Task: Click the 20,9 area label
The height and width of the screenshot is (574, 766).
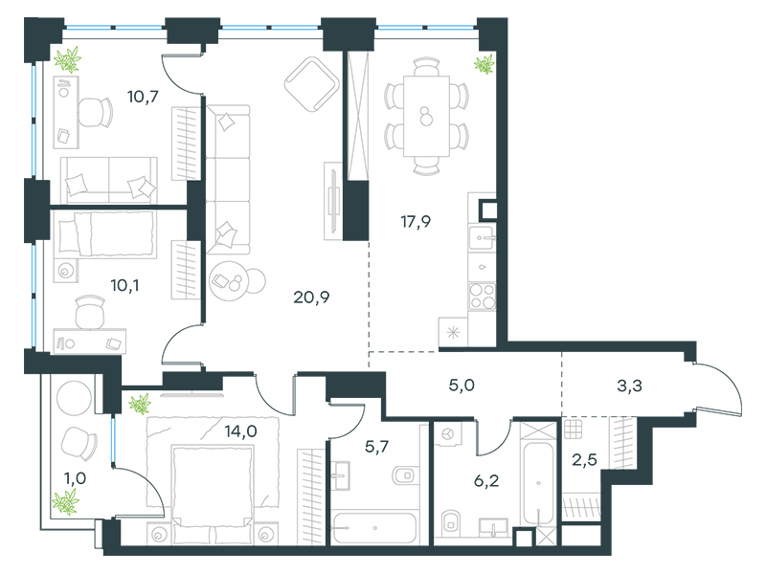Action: click(311, 297)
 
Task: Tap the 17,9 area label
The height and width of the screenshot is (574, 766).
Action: click(416, 222)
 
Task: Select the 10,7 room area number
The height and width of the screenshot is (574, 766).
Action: click(143, 97)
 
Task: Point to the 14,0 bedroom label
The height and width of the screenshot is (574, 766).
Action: click(241, 431)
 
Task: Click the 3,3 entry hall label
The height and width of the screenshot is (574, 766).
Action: click(629, 386)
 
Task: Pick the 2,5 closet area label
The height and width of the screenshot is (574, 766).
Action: click(584, 459)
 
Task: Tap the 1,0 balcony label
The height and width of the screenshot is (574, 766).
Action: click(76, 478)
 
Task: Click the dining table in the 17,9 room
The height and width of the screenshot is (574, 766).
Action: click(426, 116)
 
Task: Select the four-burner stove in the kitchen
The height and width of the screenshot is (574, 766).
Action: click(483, 297)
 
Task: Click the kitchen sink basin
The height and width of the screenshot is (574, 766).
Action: click(482, 238)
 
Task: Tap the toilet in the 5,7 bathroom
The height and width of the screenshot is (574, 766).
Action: click(405, 475)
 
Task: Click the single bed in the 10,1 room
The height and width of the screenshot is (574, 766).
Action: click(106, 233)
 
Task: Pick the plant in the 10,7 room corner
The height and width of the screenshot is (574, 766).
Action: click(67, 59)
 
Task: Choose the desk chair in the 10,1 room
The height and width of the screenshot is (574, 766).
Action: click(90, 312)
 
